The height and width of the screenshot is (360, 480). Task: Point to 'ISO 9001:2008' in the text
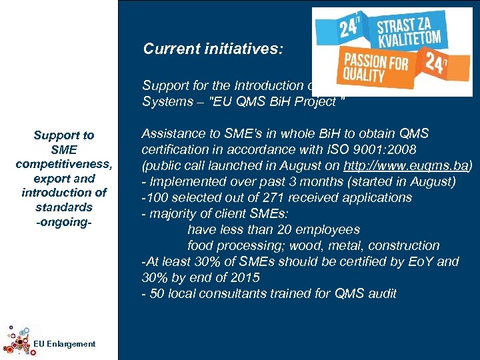tap(344, 149)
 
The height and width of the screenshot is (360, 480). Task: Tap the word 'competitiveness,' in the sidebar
tap(64, 165)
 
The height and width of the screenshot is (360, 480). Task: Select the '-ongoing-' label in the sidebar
tap(64, 222)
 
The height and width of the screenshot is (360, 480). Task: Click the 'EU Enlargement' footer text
tap(64, 344)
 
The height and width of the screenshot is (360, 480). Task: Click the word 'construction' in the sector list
tap(404, 245)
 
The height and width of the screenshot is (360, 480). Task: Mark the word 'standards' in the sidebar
tap(64, 207)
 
